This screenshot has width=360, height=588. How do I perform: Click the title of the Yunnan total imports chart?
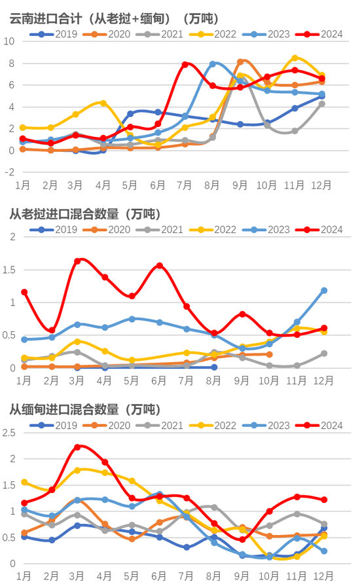tap(114, 18)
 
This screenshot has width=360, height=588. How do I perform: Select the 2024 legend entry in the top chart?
tap(323, 33)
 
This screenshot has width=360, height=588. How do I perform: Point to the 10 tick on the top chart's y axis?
tap(9, 41)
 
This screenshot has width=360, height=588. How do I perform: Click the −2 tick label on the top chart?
tap(9, 172)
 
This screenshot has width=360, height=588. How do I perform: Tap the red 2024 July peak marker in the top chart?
tap(185, 64)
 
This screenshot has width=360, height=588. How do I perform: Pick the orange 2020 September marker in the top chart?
tap(240, 62)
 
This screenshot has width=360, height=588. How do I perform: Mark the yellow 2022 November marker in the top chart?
tap(295, 58)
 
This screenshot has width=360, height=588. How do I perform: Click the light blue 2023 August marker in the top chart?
tap(213, 64)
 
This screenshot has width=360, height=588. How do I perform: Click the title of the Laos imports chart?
tap(84, 213)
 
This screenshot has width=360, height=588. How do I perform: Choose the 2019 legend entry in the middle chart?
tap(58, 229)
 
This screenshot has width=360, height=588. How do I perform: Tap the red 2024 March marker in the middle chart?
tap(77, 261)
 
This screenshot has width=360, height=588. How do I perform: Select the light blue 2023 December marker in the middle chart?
tap(323, 290)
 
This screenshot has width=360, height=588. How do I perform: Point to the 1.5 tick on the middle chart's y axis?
tap(9, 269)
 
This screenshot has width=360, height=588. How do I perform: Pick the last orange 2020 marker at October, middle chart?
tap(269, 354)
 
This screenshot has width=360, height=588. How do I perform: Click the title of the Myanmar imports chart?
tap(84, 410)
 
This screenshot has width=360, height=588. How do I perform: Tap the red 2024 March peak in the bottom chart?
tap(77, 447)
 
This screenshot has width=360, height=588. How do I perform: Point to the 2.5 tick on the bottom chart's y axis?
tap(9, 433)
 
